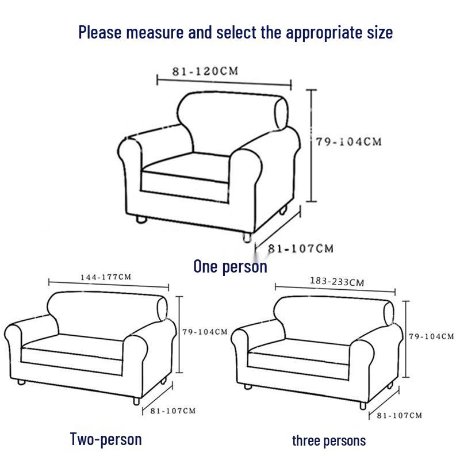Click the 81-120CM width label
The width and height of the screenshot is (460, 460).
[x=205, y=71]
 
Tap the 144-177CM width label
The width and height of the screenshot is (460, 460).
[x=106, y=277]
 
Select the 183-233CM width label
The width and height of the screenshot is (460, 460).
[x=337, y=282]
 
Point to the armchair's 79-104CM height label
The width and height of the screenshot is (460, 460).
[x=349, y=142]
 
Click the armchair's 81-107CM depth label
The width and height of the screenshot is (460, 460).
[x=301, y=249]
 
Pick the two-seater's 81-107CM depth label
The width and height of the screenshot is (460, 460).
[x=173, y=411]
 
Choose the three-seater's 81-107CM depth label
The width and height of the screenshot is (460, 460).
[x=400, y=415]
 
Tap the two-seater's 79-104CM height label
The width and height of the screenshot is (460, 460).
[x=205, y=332]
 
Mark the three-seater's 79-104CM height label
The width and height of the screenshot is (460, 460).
[x=432, y=336]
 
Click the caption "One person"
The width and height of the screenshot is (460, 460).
[x=231, y=267]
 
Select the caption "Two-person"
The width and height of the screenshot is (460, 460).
[x=106, y=439]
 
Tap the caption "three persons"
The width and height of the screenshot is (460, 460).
[x=329, y=441]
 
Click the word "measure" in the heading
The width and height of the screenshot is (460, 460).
[x=155, y=32]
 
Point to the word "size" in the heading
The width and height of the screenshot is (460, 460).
[x=380, y=32]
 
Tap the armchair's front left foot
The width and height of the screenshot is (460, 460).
[x=141, y=219]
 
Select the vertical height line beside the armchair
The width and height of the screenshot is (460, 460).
[x=311, y=146]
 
